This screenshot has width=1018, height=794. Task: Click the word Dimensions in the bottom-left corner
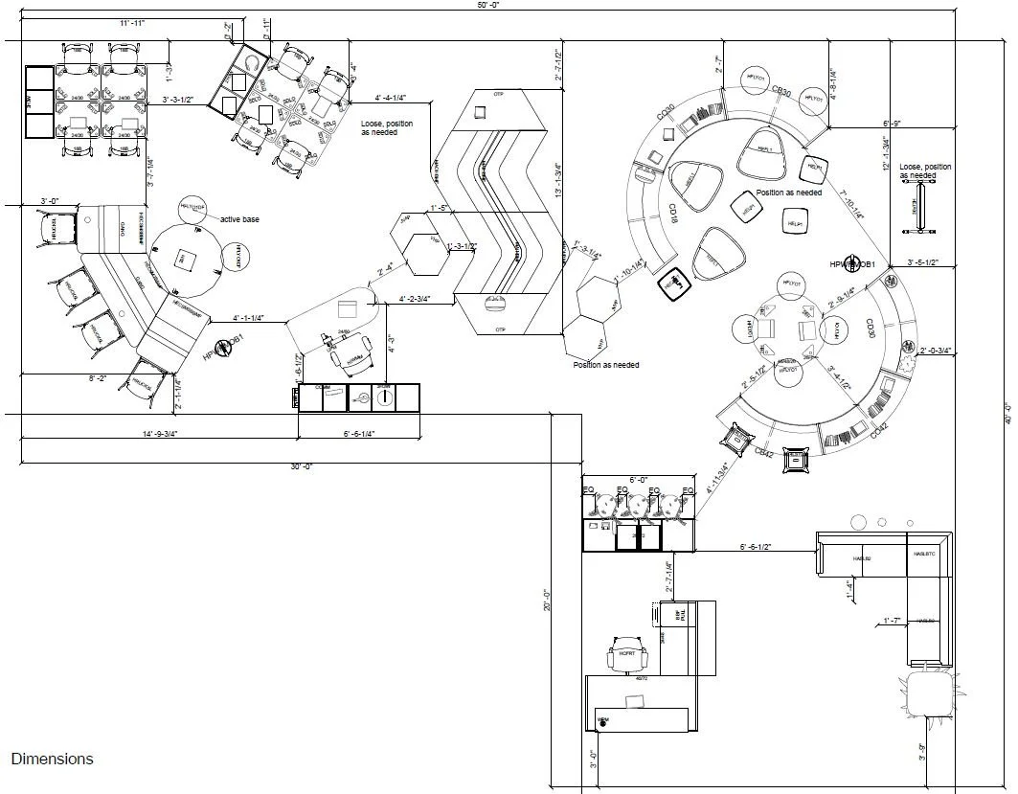52,759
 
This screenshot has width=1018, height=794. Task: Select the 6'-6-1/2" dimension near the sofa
756,547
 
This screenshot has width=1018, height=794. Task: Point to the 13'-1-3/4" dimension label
558,178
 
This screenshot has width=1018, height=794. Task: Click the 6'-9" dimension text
892,124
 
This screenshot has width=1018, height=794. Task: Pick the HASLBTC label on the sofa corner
923,554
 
